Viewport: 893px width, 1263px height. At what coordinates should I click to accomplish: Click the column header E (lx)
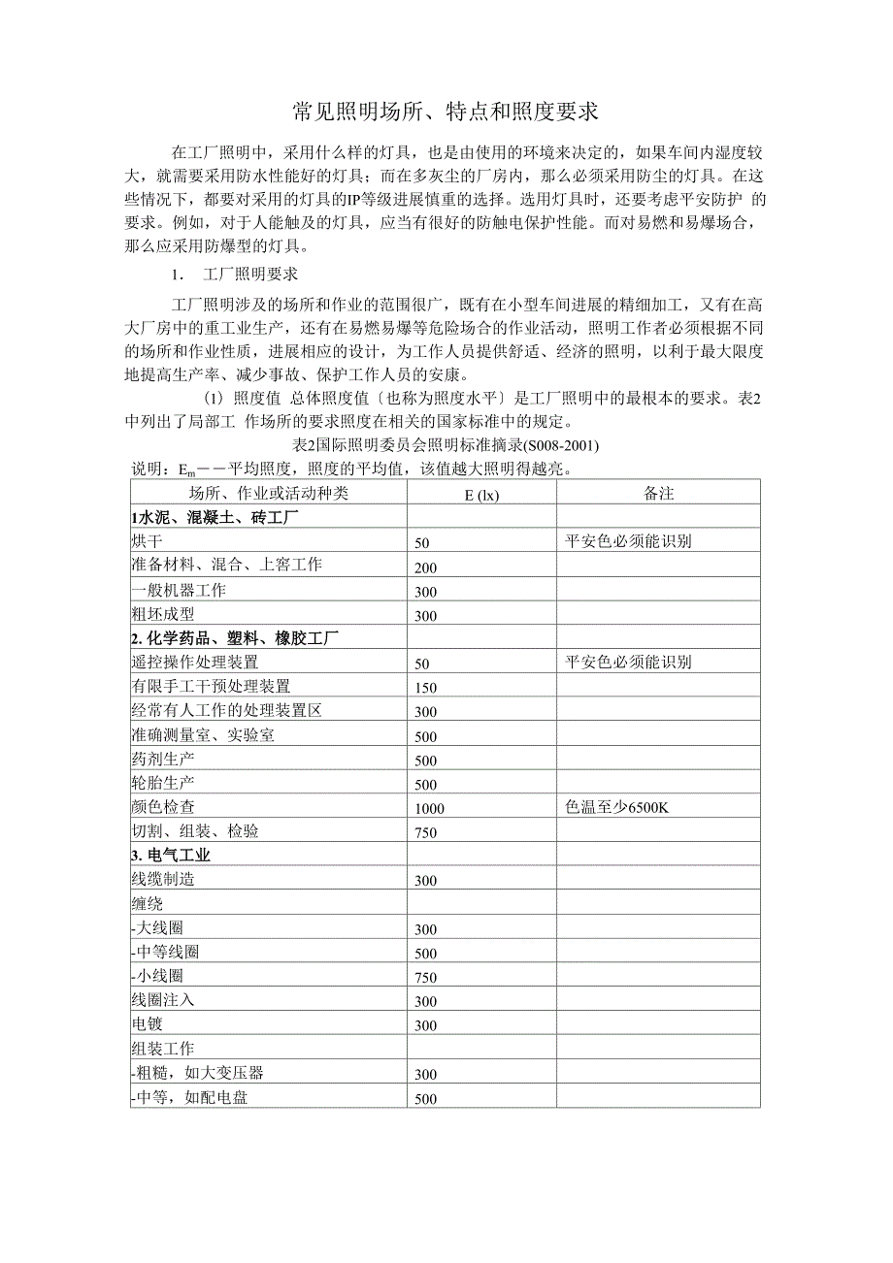point(480,494)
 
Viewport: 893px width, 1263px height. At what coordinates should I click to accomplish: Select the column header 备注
point(658,494)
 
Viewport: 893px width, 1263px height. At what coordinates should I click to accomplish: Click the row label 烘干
point(148,541)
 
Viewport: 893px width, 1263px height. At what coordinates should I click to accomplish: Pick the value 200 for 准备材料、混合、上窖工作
point(425,567)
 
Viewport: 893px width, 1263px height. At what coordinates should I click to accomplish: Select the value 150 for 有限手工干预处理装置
point(425,688)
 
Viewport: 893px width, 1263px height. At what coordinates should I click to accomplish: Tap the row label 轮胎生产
point(162,783)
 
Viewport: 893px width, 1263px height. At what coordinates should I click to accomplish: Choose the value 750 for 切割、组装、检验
point(425,833)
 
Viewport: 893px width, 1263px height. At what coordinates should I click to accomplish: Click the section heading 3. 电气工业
point(171,856)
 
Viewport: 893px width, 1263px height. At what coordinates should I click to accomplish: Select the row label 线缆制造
point(162,880)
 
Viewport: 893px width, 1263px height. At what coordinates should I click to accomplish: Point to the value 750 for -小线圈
point(425,978)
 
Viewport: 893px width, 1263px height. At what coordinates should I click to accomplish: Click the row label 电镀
point(148,1024)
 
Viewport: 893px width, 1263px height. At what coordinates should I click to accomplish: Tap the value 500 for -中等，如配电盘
point(425,1099)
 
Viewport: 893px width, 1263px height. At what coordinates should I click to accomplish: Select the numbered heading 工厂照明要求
point(249,274)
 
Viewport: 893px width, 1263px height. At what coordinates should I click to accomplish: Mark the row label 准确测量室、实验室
point(203,734)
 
